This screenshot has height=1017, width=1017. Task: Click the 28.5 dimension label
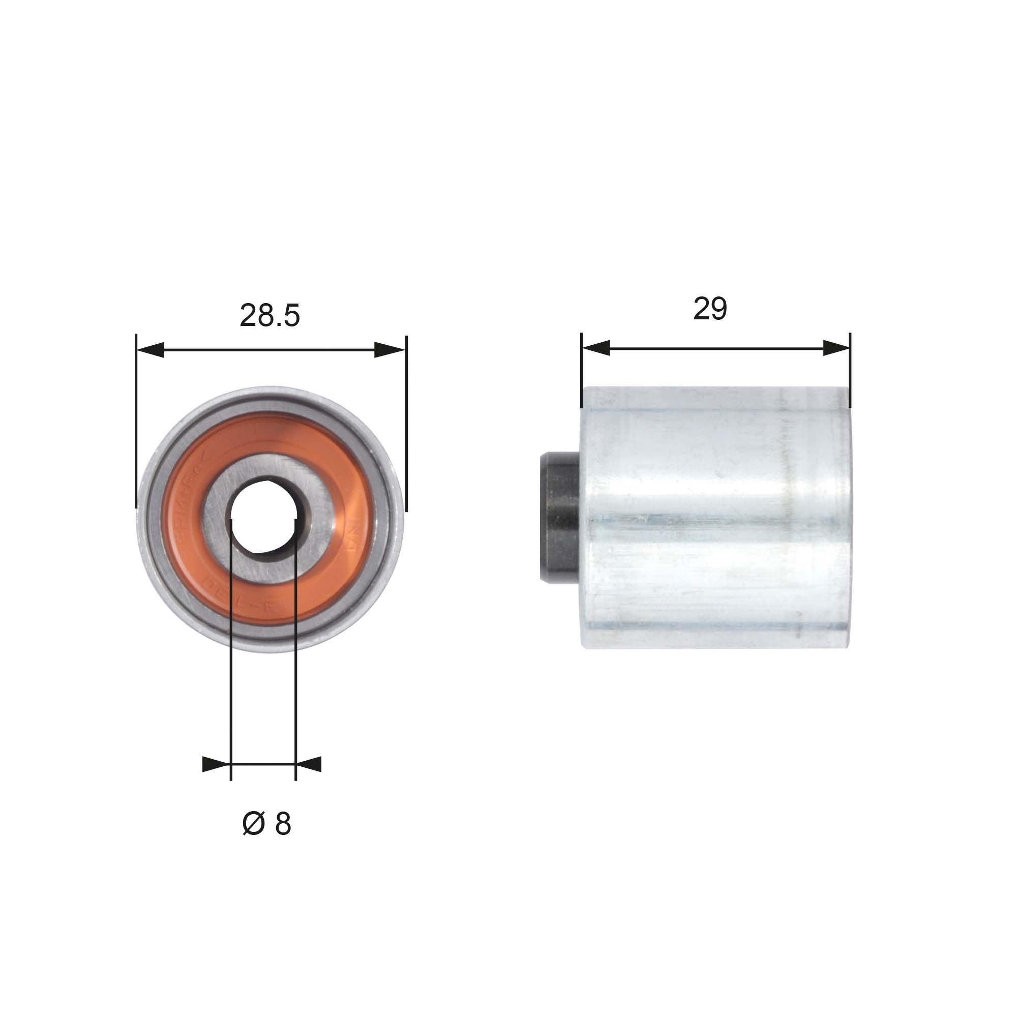point(270,316)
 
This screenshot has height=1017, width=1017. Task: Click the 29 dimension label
point(710,309)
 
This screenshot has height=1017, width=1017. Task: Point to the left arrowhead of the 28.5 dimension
point(150,349)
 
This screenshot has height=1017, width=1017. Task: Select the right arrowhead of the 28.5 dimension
point(391,349)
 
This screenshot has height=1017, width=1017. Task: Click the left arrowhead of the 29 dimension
point(596,347)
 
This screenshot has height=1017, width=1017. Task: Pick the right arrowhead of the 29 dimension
point(836,347)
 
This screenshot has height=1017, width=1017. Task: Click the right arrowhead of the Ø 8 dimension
point(309,764)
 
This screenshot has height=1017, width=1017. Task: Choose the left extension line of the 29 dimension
point(582,369)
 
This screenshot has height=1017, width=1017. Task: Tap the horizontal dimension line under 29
point(716,347)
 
